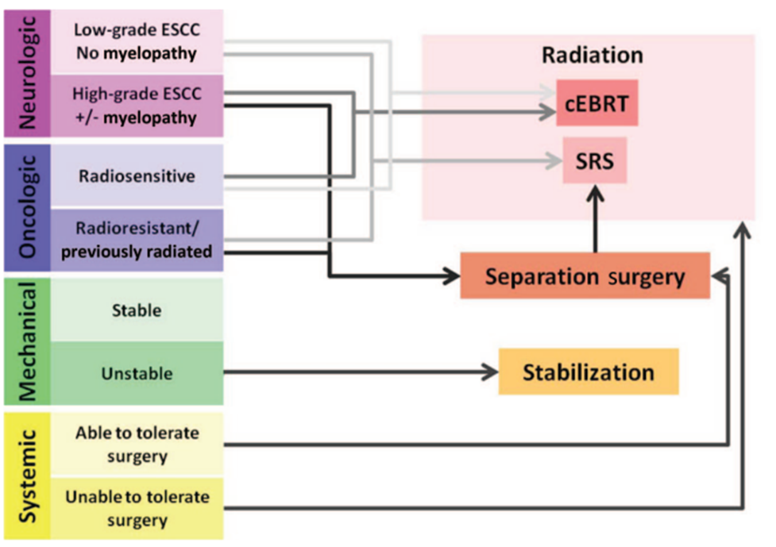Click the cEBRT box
(596, 103)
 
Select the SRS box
(594, 160)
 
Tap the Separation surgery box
(585, 276)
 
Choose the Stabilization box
(589, 372)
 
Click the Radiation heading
(593, 55)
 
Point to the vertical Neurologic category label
(27, 73)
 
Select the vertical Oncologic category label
(27, 208)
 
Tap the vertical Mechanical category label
(27, 341)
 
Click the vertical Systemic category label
(27, 476)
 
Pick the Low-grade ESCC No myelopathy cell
(137, 42)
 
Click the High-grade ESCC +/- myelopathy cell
(137, 106)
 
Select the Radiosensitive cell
(137, 176)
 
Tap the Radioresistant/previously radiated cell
(137, 240)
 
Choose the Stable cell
(137, 310)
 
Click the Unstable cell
(137, 373)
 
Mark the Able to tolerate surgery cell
(137, 444)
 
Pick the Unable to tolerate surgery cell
(137, 508)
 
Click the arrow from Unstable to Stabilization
(361, 372)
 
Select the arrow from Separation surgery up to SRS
(595, 219)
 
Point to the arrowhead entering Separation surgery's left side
(452, 276)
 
